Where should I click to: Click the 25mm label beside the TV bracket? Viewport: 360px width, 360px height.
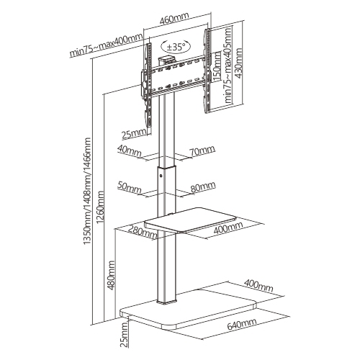click(x=135, y=134)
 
